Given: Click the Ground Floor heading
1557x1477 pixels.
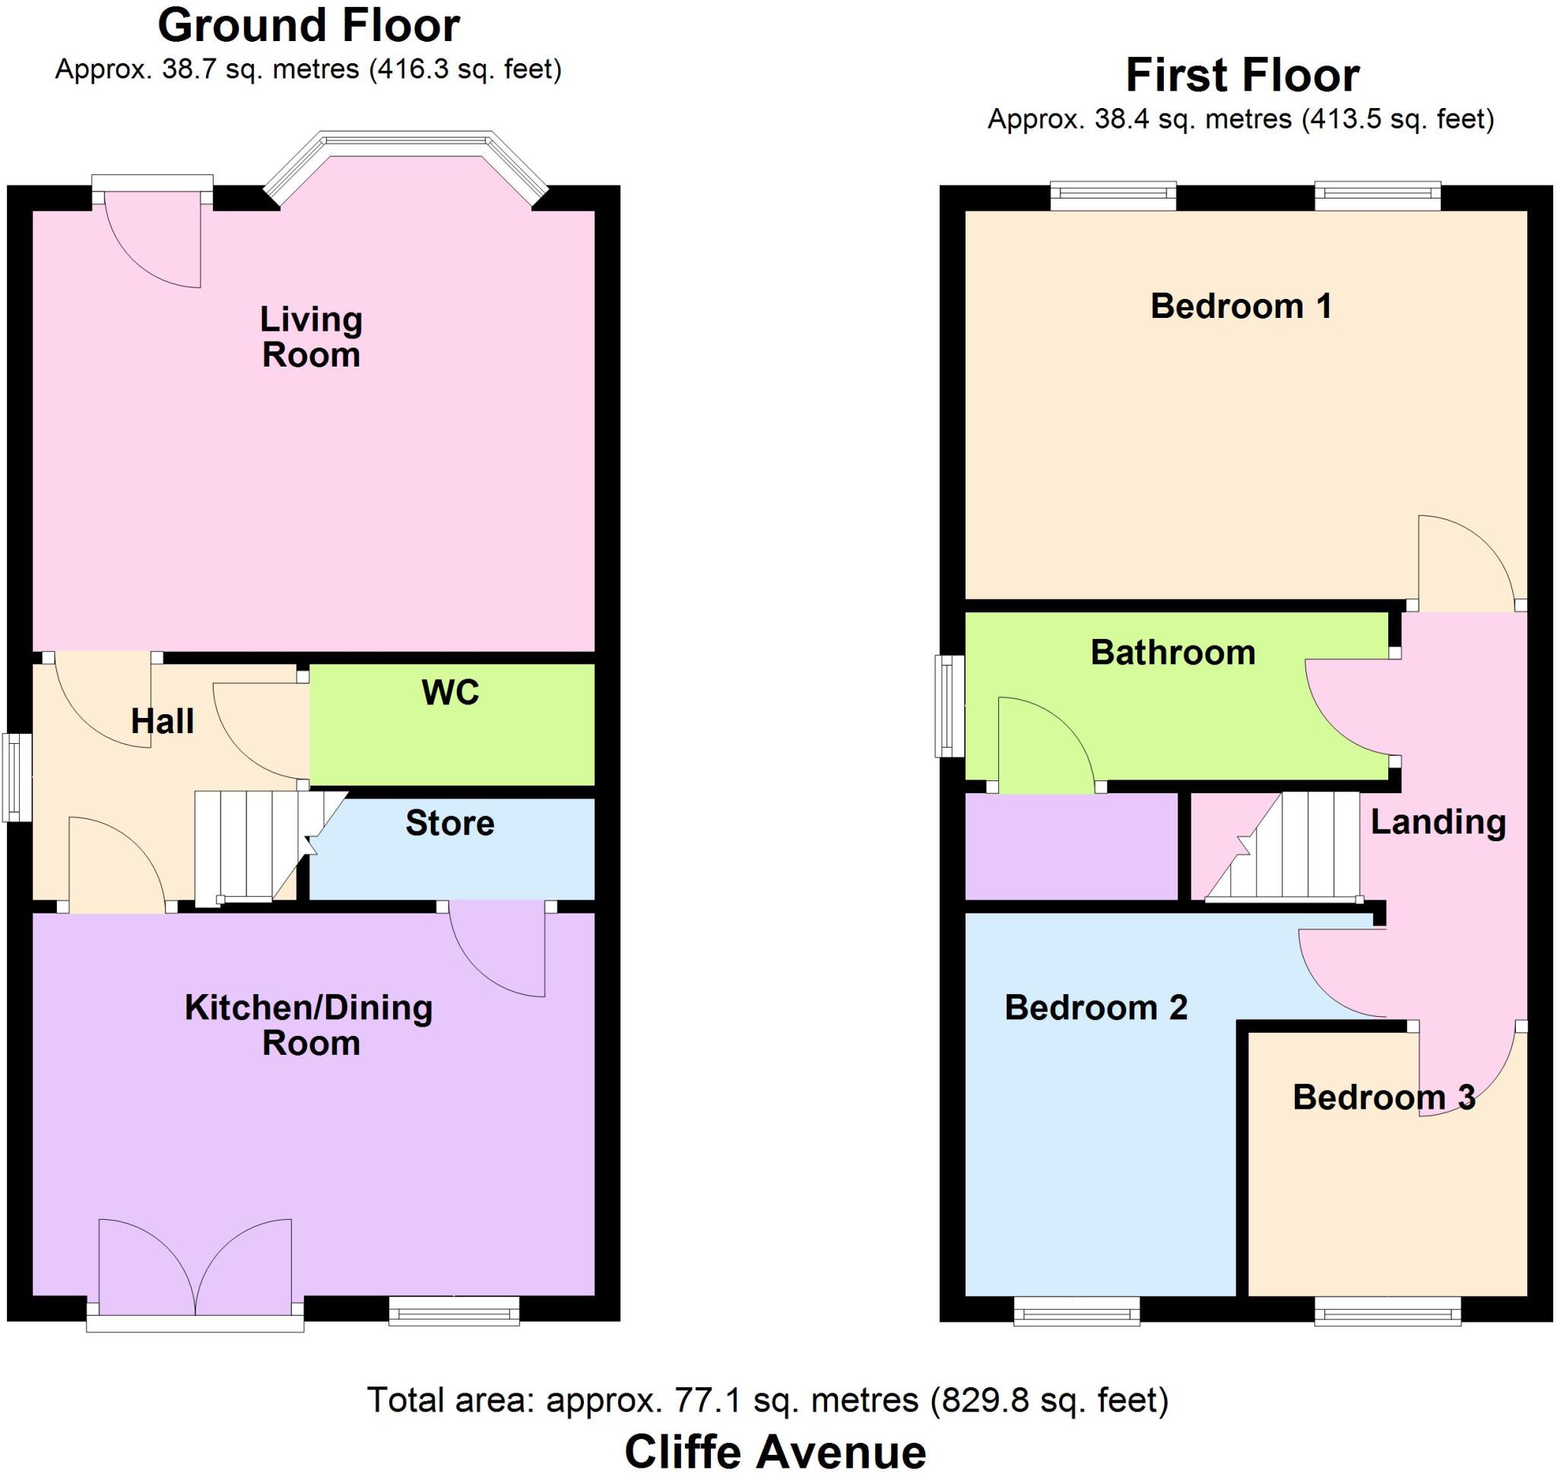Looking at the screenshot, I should (x=309, y=26).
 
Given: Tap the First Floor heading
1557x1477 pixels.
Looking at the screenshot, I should (x=1242, y=75).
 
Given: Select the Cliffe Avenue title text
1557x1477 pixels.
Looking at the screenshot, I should (x=775, y=1450).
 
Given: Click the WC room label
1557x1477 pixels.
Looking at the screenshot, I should (x=450, y=693).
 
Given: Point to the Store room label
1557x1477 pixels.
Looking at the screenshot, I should (x=449, y=824).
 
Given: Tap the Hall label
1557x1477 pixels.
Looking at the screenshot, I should (x=162, y=721).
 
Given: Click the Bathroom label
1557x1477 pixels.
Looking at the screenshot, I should (x=1172, y=653).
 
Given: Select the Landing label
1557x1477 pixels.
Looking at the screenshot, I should (x=1438, y=822).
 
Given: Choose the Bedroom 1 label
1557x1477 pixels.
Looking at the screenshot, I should (x=1241, y=307).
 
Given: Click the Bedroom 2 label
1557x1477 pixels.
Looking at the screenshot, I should (x=1095, y=1008).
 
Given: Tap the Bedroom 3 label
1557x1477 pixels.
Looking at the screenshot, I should (x=1383, y=1097).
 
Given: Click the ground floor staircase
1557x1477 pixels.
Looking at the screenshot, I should (x=252, y=846).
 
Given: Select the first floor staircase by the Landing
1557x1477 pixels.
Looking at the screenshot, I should (x=1291, y=846).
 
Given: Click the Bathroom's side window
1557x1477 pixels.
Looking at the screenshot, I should (x=950, y=707).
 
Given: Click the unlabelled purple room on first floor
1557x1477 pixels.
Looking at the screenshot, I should (x=1070, y=846).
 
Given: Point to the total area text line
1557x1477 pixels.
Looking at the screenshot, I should (x=768, y=1400).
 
